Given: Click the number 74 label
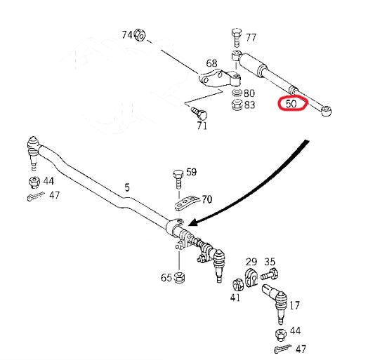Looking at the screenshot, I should [x=126, y=34].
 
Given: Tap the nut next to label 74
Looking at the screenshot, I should [x=139, y=34].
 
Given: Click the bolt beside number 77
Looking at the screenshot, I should [x=235, y=36].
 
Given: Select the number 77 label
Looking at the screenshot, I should [x=251, y=37].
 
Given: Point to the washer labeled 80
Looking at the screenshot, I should [x=237, y=93].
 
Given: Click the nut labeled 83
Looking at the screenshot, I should [x=237, y=105].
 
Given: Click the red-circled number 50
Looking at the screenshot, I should [x=291, y=104].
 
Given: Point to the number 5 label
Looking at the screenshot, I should [x=127, y=187].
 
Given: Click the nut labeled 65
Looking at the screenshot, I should [x=179, y=276].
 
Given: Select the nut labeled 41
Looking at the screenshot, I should [x=237, y=286].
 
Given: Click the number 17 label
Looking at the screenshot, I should [x=295, y=305].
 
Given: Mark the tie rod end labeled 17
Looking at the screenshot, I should [x=275, y=298].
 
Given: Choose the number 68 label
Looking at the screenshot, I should [x=211, y=64].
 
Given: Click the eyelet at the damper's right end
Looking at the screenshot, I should [x=327, y=110].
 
